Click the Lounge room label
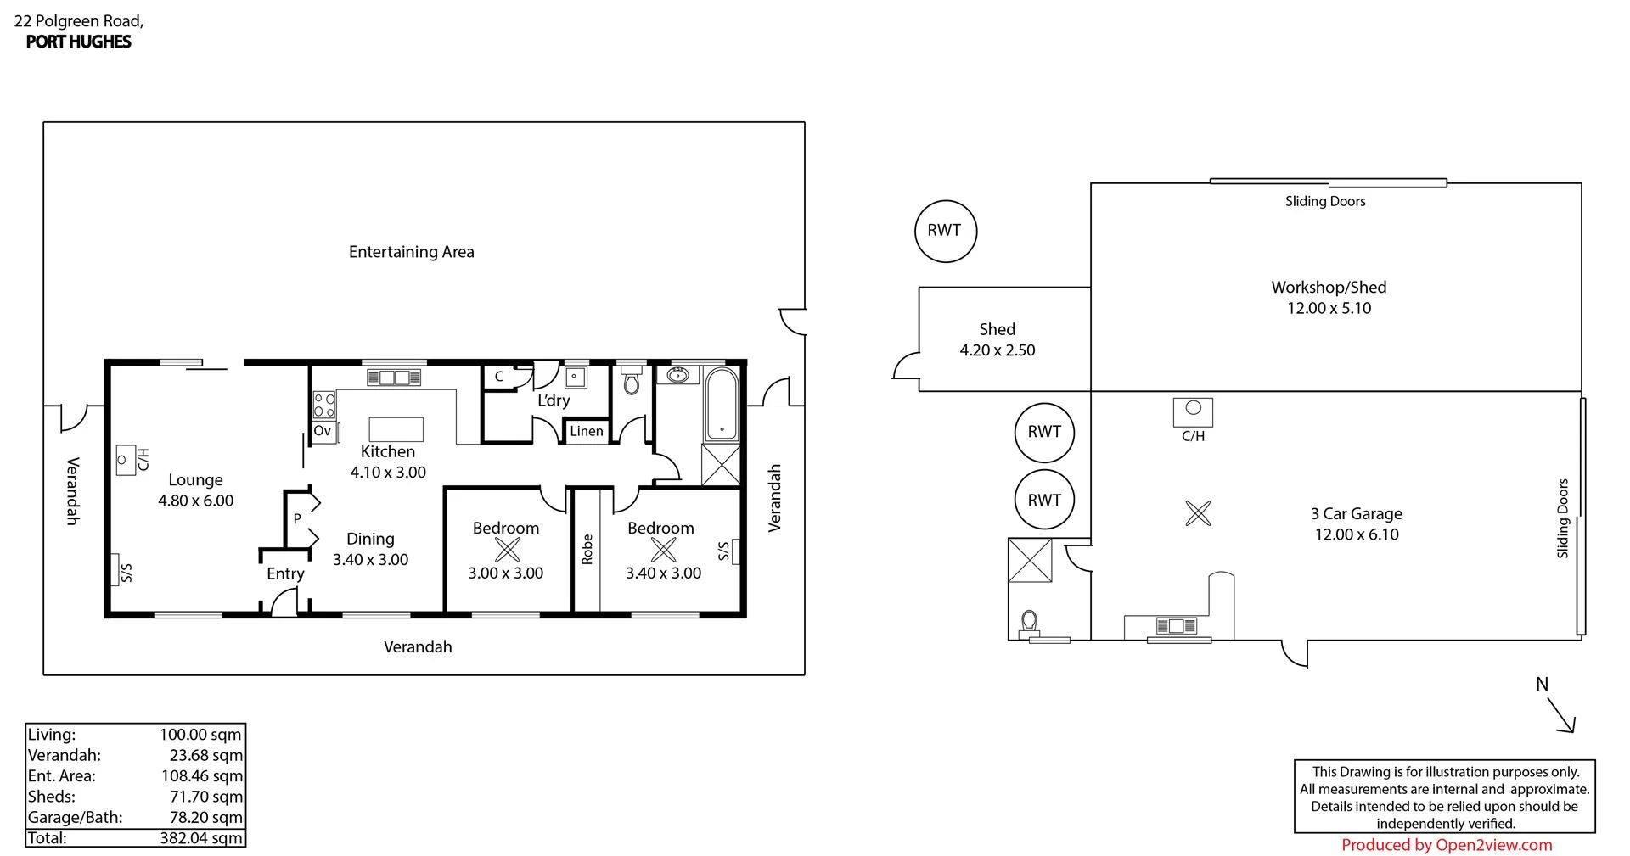(x=195, y=480)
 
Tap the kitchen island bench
(x=396, y=429)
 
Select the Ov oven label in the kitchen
(x=323, y=431)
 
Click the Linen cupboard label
(x=586, y=431)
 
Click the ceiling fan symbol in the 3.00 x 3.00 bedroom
(x=507, y=550)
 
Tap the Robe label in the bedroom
(x=587, y=549)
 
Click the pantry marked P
(x=297, y=518)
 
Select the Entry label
(x=285, y=573)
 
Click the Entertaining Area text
(x=411, y=252)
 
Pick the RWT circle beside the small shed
(x=945, y=231)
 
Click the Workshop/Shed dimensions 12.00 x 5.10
(x=1329, y=308)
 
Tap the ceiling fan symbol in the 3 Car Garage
(x=1198, y=512)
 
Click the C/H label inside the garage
(x=1193, y=436)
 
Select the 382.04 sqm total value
(x=201, y=838)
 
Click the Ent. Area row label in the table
(x=61, y=775)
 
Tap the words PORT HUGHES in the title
(x=78, y=42)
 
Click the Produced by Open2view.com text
(x=1447, y=845)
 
